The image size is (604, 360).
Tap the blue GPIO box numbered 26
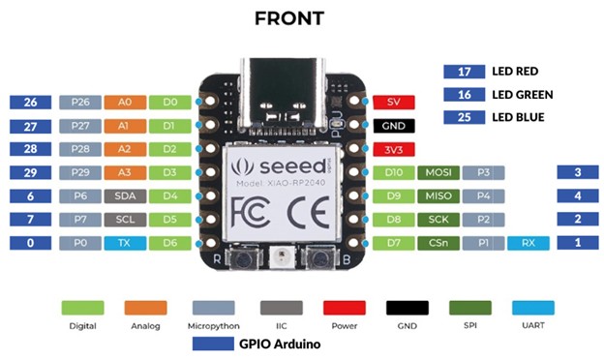[x=30, y=102]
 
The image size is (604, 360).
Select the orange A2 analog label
[x=125, y=149]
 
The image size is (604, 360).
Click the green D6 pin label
[x=170, y=244]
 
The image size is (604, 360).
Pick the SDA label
[x=125, y=196]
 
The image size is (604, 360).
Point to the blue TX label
[x=125, y=244]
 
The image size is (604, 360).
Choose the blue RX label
[x=528, y=244]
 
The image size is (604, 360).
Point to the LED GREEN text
[x=522, y=95]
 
